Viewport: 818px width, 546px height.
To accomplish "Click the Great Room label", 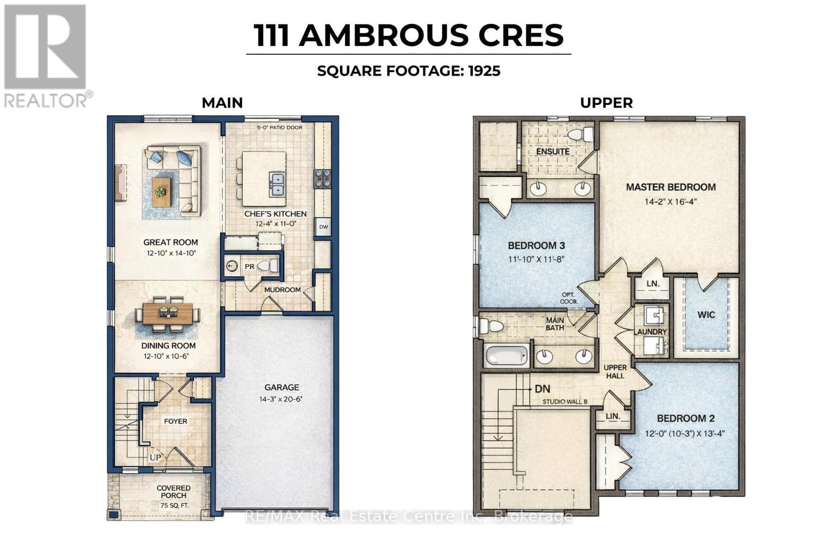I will pos(170,242).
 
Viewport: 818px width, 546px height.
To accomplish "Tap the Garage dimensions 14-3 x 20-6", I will pos(282,399).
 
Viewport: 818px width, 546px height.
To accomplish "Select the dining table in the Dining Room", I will pos(168,314).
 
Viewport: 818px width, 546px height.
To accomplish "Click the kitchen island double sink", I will pos(277,184).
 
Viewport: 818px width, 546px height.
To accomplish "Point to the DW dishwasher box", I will pos(323,227).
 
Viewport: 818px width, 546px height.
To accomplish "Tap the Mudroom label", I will pos(282,290).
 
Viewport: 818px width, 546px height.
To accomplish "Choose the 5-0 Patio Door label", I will pos(279,127).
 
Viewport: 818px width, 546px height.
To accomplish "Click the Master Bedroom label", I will pos(670,187).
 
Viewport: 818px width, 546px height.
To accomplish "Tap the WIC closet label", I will pos(706,315).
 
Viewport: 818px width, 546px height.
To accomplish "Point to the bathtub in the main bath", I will pos(506,355).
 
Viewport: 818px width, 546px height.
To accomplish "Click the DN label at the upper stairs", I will pos(542,389).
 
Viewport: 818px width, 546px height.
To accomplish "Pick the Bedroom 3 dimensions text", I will pos(536,259).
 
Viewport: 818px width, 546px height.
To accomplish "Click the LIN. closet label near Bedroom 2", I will pos(612,416).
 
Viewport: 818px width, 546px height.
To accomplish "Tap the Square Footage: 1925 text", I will pos(408,71).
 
